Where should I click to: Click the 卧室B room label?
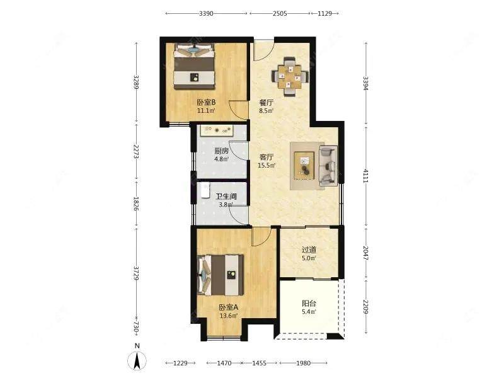pos(206,103)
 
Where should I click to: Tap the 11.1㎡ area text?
pos(206,111)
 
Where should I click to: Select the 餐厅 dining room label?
pos(266,103)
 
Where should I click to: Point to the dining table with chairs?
pos(290,76)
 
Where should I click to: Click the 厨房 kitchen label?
pos(222,151)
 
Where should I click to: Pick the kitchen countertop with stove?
pos(217,130)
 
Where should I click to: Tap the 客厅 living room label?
pos(266,157)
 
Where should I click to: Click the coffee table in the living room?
pos(304,165)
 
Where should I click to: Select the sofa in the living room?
pos(328,166)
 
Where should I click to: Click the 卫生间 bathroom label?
pos(226,196)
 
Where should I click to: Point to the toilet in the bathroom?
pos(204,191)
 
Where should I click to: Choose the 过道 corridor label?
pos(309,249)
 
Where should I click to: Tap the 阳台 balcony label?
pos(309,303)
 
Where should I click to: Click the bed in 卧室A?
pos(221,275)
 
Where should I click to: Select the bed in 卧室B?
pos(194,67)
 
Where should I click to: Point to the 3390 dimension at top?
pos(206,13)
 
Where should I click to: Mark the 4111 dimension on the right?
pos(365,176)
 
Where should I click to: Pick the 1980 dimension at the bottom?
pos(303,363)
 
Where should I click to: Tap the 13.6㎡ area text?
pos(229,316)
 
